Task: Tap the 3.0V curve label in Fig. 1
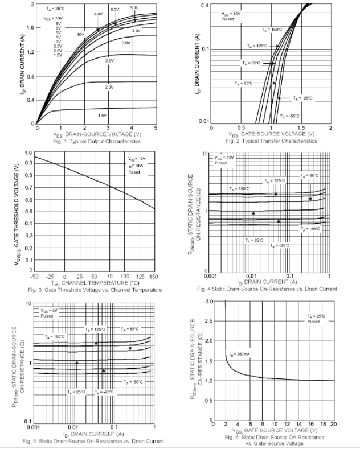[x=126, y=43]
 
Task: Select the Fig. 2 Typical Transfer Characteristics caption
[x=271, y=141]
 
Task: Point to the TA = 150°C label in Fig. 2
[x=272, y=30]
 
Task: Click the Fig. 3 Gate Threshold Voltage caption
[x=96, y=290]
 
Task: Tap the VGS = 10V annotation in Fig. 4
[x=224, y=157]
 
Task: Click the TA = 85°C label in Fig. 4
[x=310, y=176]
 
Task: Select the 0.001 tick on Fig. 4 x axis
[x=211, y=275]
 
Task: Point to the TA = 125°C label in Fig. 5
[x=96, y=329]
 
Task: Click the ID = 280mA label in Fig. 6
[x=240, y=354]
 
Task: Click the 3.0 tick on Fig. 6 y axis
[x=210, y=301]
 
